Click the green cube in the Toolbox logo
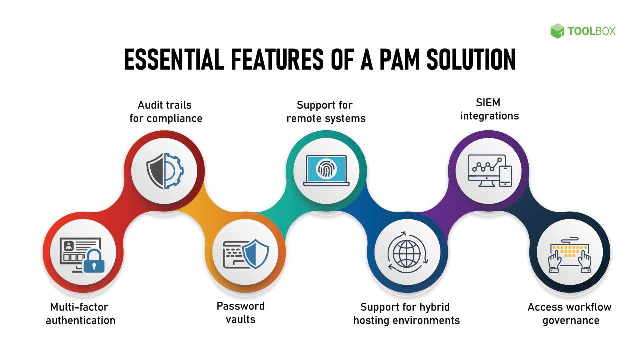(557, 31)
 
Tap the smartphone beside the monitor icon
(506, 176)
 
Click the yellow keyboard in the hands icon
(570, 250)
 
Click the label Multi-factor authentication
(80, 313)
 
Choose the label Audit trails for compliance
(165, 112)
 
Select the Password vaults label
(240, 312)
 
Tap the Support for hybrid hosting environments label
(406, 313)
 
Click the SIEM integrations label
(489, 109)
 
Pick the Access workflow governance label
(569, 313)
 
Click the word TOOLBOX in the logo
(591, 31)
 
